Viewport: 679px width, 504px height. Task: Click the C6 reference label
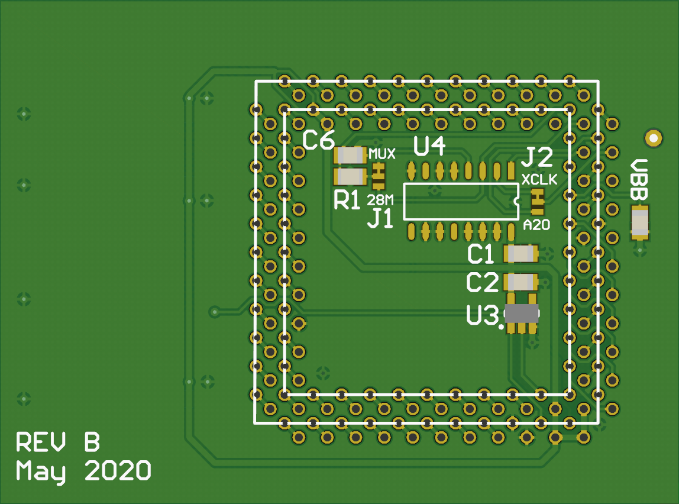[x=319, y=141]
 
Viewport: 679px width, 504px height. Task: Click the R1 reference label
[x=347, y=201]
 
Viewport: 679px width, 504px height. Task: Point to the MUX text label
[x=382, y=154]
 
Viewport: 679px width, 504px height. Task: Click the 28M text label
[x=380, y=198]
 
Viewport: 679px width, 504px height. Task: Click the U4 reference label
[x=429, y=147]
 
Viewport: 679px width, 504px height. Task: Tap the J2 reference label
[x=537, y=157]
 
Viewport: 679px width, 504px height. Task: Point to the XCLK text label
[x=539, y=179]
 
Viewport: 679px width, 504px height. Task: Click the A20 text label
[x=536, y=225]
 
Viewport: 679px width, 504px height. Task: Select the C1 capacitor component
[x=520, y=254]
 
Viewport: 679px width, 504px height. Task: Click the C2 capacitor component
[x=520, y=282]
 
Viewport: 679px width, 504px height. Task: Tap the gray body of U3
[x=522, y=314]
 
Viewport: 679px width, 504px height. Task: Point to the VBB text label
[x=639, y=179]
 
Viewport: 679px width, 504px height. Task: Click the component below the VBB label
[x=639, y=222]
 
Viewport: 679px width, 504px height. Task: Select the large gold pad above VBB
[x=653, y=138]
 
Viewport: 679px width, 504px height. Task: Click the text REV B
[x=57, y=442]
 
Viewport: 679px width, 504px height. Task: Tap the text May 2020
[x=83, y=471]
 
